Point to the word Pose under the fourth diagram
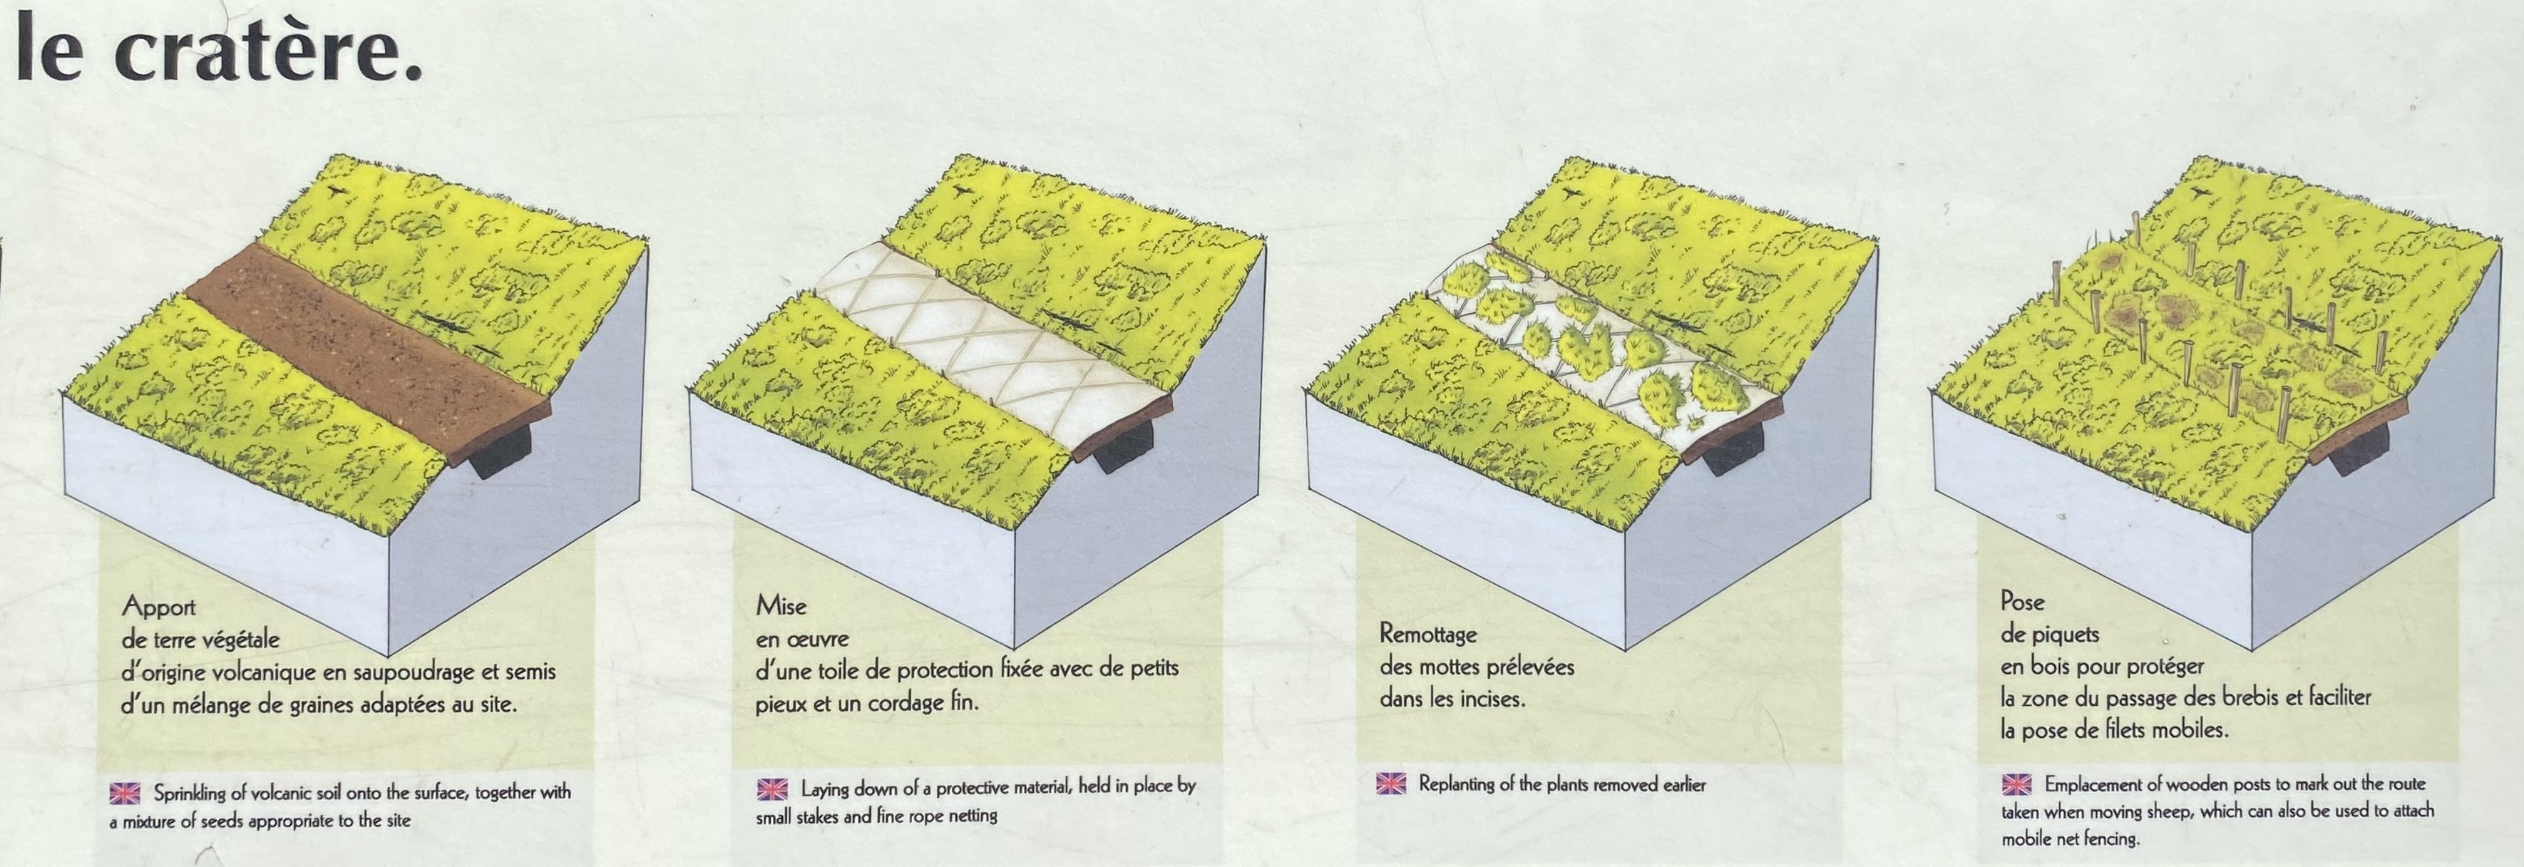(2022, 602)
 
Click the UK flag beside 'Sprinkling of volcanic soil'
(125, 791)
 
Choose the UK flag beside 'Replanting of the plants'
(1391, 784)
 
